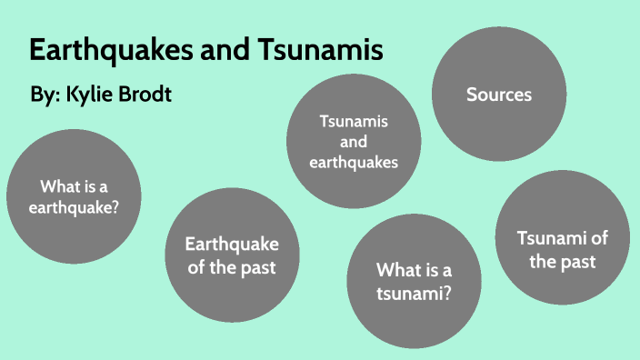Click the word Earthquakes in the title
point(107,50)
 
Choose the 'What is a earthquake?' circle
point(74,196)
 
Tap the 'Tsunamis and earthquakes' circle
point(355,142)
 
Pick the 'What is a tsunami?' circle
point(415,281)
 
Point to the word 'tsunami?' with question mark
point(415,293)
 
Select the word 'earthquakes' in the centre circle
point(355,163)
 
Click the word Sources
point(498,95)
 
